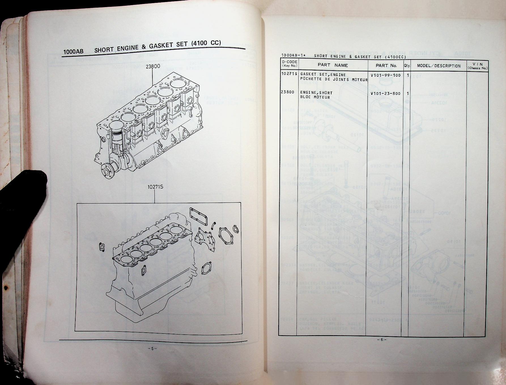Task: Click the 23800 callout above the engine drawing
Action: point(153,67)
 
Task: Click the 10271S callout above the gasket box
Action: point(155,187)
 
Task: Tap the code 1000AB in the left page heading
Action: point(73,52)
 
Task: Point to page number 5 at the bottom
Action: point(152,349)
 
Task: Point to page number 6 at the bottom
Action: point(381,340)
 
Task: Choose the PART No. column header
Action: point(386,66)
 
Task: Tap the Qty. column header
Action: point(407,66)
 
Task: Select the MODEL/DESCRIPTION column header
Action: point(439,66)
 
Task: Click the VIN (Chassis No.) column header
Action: point(478,66)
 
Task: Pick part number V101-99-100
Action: point(385,76)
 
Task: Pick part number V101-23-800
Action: point(385,93)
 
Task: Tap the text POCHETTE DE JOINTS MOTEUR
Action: point(334,80)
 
